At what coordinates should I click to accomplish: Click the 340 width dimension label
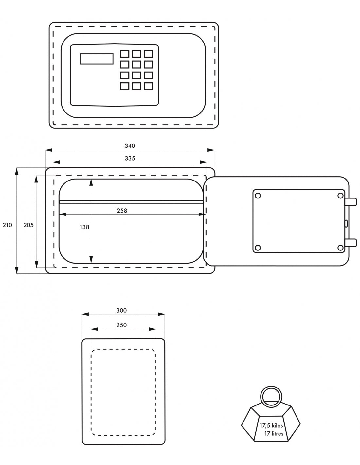click(130, 146)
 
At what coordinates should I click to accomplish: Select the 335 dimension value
click(130, 158)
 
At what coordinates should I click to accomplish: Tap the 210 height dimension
click(7, 225)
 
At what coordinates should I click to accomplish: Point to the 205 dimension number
click(28, 225)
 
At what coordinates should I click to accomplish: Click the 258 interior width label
click(122, 211)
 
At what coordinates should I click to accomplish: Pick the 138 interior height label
click(84, 227)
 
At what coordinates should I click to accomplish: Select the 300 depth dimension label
click(121, 311)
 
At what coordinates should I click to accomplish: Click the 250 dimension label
click(121, 325)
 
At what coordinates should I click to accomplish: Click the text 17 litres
click(274, 433)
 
